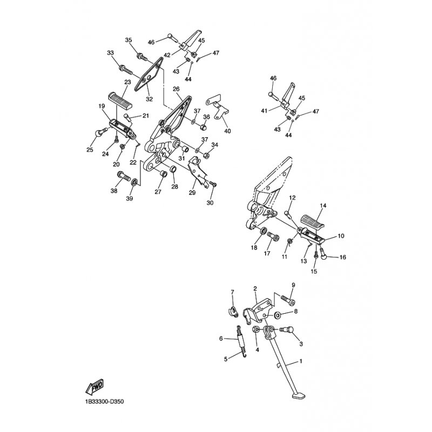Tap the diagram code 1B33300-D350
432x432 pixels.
[104, 401]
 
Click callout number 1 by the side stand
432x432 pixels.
[301, 361]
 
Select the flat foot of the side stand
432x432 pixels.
[299, 396]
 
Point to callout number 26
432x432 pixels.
[176, 89]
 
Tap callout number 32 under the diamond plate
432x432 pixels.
[149, 99]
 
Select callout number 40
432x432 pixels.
[227, 131]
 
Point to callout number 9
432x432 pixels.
[293, 285]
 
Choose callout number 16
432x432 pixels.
[343, 258]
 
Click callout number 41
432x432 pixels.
[264, 111]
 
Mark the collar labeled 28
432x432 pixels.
[173, 169]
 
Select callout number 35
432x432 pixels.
[129, 40]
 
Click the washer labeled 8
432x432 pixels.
[277, 314]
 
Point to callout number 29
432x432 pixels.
[192, 193]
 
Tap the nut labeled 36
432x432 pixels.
[204, 127]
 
